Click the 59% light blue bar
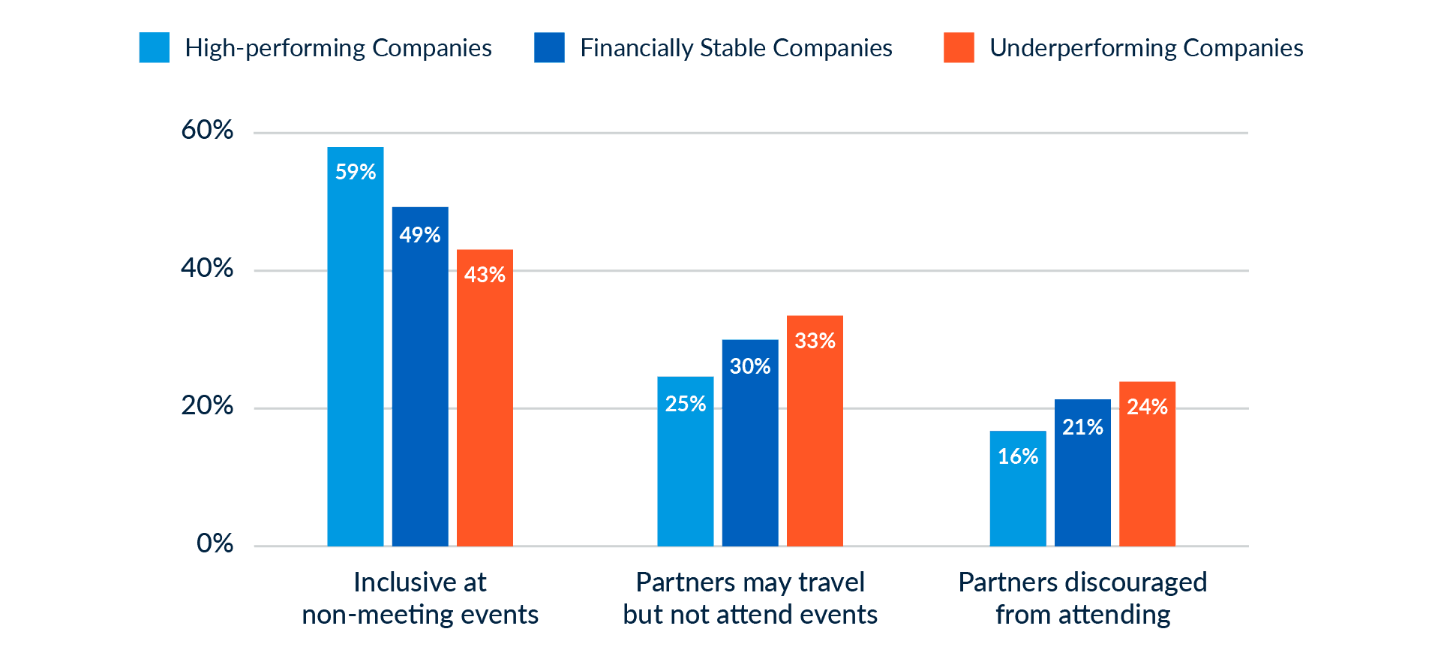click(355, 346)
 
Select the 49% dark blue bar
click(420, 376)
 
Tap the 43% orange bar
click(485, 397)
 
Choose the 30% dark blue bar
click(750, 443)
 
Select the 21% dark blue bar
click(1082, 472)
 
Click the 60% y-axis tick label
click(207, 130)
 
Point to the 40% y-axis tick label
click(207, 268)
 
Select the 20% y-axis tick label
click(207, 406)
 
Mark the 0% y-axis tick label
click(215, 543)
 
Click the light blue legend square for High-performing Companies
click(155, 48)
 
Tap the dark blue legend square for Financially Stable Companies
click(549, 48)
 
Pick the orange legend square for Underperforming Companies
click(959, 48)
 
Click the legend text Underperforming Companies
click(1146, 48)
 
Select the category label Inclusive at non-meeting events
click(420, 598)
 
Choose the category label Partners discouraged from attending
click(1082, 598)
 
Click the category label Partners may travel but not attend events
click(750, 598)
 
